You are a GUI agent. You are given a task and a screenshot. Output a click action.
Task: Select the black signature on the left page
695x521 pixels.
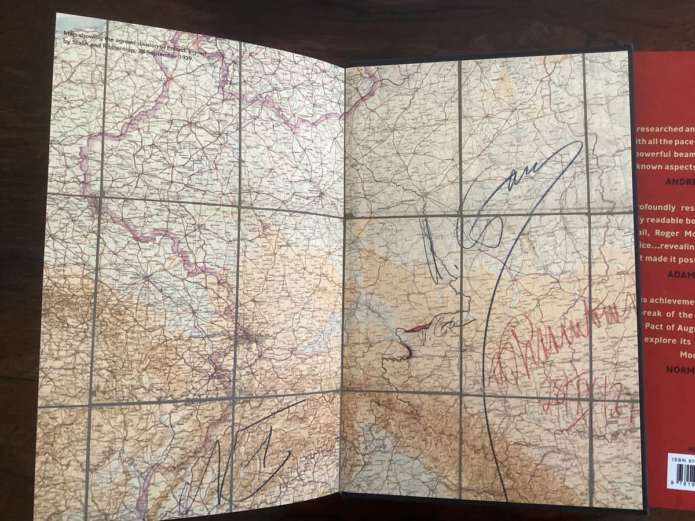point(243,454)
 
